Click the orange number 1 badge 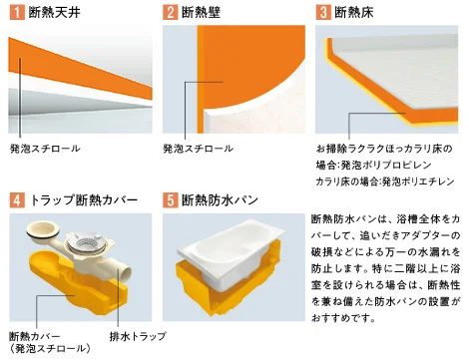17,12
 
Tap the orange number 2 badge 170,12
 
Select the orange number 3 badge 323,12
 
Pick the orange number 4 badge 17,200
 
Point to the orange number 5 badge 170,200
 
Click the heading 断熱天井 55,13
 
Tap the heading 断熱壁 201,13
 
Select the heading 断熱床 354,13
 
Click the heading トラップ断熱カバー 84,200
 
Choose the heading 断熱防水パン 220,200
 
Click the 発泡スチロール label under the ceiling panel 45,149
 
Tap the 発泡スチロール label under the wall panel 198,149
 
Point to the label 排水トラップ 138,336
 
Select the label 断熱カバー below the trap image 34,336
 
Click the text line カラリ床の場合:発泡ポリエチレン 385,181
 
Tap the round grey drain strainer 87,242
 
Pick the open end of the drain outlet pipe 125,273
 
